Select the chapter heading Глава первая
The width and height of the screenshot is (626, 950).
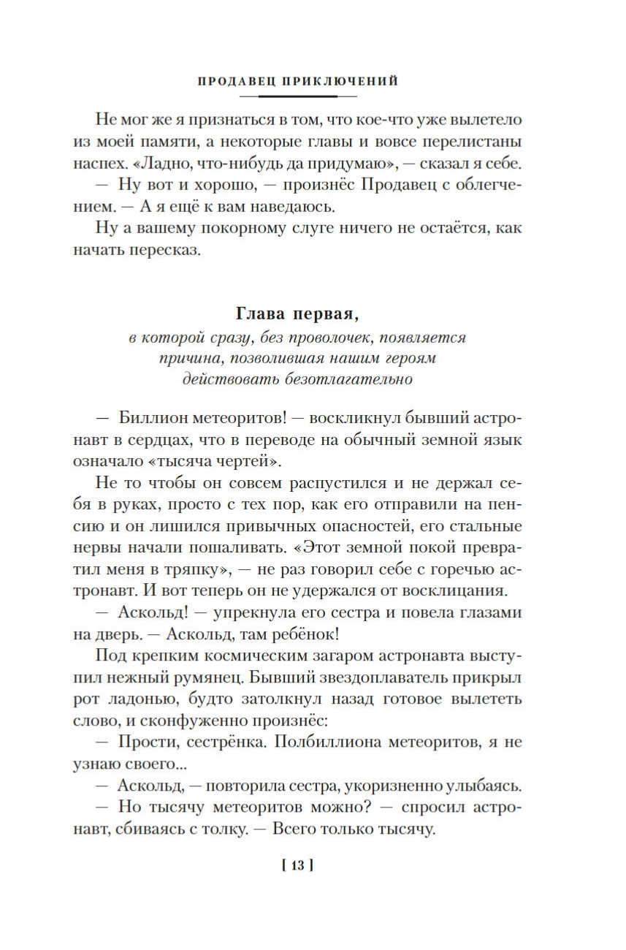point(298,313)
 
